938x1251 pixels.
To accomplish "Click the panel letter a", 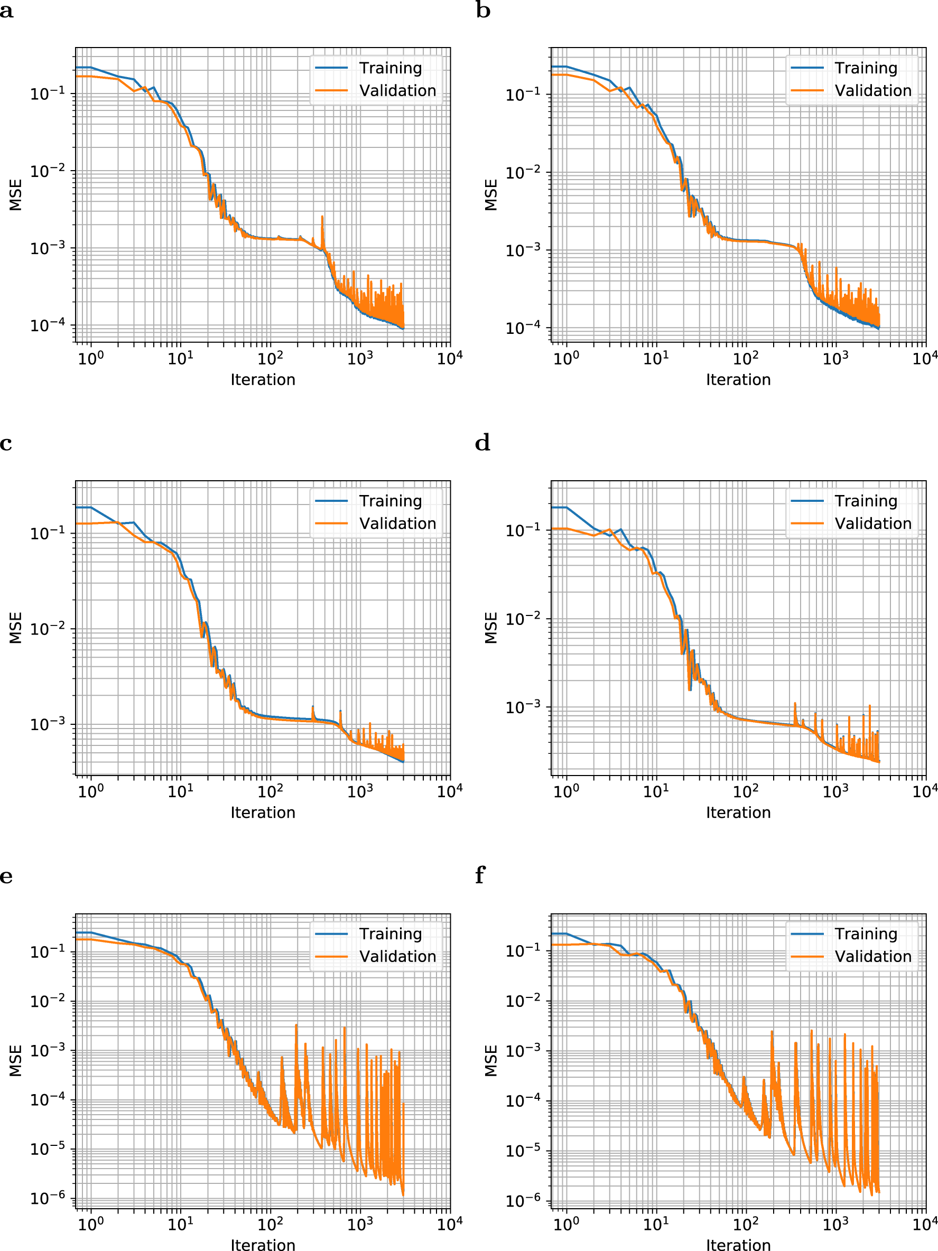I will [6, 11].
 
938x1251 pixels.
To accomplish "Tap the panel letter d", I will [482, 443].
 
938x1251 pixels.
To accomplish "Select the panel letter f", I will [480, 875].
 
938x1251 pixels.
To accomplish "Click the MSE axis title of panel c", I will [16, 628].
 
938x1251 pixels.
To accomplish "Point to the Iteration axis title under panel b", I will [738, 379].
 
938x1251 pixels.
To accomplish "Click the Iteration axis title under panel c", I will [263, 812].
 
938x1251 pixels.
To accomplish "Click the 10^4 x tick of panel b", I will [925, 358].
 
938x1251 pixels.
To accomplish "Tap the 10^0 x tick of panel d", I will [566, 791].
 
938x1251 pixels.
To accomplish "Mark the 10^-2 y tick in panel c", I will [48, 628].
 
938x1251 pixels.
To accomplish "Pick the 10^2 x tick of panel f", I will [746, 1224].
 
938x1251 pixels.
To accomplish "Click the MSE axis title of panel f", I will [491, 1060].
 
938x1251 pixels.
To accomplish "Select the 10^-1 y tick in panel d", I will [523, 530].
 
